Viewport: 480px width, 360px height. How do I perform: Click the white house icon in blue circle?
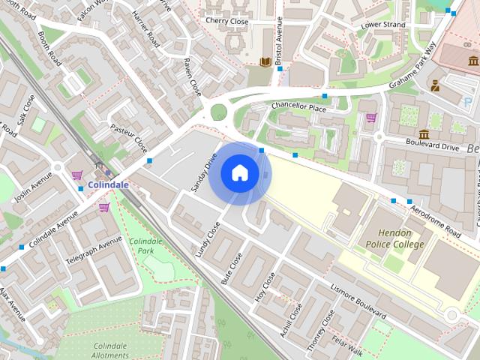[x=239, y=173]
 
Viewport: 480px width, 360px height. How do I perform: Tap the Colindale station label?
[x=108, y=184]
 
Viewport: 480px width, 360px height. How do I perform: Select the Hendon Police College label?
[x=395, y=238]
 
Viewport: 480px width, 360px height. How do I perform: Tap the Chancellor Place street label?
[x=299, y=107]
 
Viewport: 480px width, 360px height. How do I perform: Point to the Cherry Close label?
[x=226, y=21]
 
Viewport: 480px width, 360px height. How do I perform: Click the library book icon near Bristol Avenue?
[x=265, y=61]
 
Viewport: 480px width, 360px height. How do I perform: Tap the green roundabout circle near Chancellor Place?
[x=218, y=112]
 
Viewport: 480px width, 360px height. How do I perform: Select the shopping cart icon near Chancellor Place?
[x=371, y=118]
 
